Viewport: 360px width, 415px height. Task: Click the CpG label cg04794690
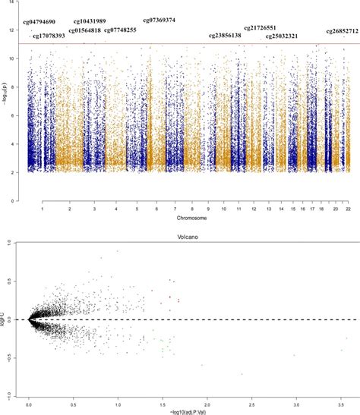point(39,22)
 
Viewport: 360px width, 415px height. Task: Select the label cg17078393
point(49,36)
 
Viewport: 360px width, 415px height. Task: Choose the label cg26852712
point(343,31)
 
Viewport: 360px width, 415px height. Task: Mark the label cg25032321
point(282,36)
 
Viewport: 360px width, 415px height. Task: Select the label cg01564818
point(84,30)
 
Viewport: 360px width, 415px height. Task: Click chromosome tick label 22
point(347,207)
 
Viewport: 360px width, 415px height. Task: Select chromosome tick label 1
point(43,207)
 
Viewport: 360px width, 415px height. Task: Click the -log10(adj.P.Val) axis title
point(187,409)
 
